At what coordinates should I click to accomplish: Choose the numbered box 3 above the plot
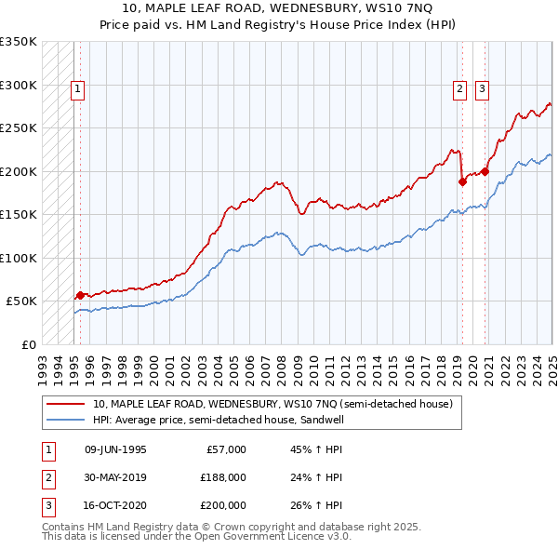(x=483, y=89)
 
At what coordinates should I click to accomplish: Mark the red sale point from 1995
(x=80, y=295)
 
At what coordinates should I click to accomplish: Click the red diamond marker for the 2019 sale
(x=462, y=181)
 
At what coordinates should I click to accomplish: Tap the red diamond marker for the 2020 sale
(x=485, y=171)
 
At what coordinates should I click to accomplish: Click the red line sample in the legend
(x=66, y=405)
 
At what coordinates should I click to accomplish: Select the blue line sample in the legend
(x=66, y=420)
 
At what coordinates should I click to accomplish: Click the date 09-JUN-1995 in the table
(x=115, y=449)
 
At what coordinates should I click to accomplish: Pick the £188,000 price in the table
(x=223, y=477)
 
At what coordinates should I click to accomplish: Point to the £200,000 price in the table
(x=223, y=505)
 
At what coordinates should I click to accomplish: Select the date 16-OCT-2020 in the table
(x=115, y=505)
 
